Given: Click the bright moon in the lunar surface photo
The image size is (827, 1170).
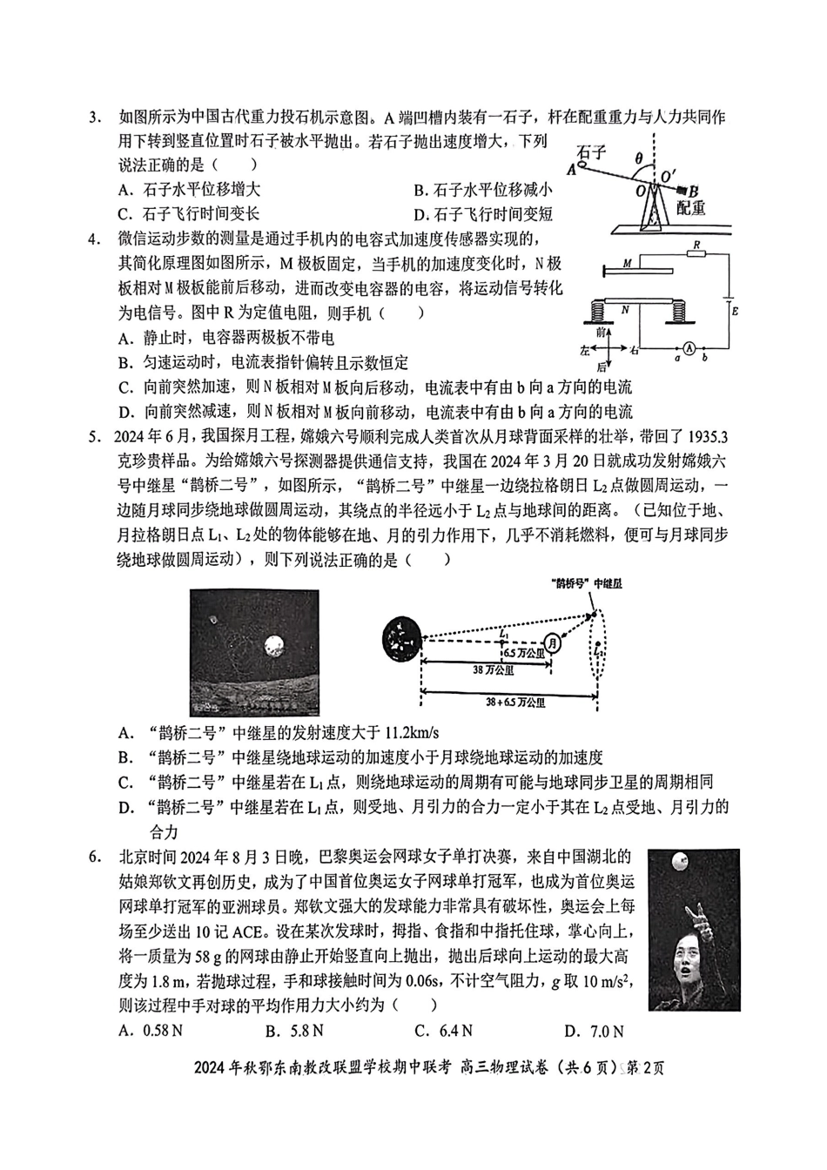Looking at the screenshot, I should pyautogui.click(x=276, y=645).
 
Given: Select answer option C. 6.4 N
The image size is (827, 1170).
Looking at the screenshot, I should pyautogui.click(x=443, y=1032).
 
